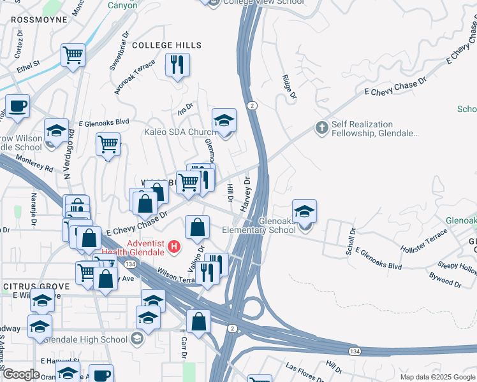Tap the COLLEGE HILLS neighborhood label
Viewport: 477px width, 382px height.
tap(166, 45)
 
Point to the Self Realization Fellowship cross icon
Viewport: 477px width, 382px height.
tap(321, 128)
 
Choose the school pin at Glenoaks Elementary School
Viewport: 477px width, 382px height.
tap(305, 212)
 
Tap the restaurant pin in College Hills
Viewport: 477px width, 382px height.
tap(177, 64)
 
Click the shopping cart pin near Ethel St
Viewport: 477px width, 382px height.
tap(73, 55)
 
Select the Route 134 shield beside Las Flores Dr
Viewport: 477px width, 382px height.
tap(354, 351)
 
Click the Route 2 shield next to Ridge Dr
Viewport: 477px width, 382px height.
tap(253, 105)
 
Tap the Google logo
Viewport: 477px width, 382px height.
tap(21, 374)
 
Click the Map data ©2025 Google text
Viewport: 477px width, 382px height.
tap(437, 376)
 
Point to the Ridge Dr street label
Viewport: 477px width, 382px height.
tap(290, 87)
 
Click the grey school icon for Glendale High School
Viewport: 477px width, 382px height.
tap(136, 339)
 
